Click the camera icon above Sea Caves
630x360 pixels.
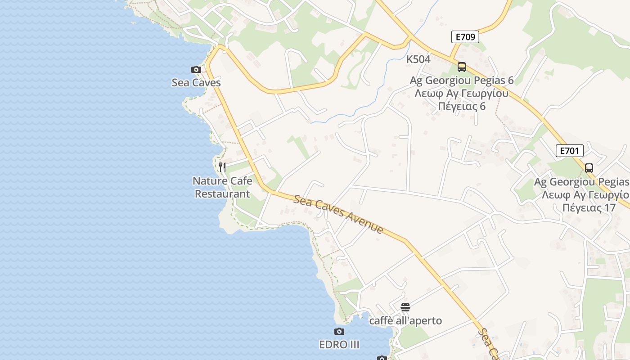[x=196, y=69]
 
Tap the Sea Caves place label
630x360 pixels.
[x=196, y=83]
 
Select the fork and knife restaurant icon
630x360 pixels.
[x=222, y=167]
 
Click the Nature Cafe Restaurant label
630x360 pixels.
[x=222, y=187]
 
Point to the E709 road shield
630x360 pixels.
[x=465, y=37]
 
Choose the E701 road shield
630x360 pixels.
[x=569, y=151]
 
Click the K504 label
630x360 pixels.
[x=418, y=59]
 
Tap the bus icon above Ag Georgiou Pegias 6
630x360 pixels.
[x=461, y=67]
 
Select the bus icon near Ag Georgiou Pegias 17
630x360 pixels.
[x=589, y=168]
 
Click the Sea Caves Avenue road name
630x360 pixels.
[x=338, y=214]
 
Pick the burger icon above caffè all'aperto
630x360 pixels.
[x=405, y=307]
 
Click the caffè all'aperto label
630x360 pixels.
[x=405, y=321]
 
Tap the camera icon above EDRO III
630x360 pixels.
[x=339, y=332]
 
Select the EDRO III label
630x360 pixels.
[x=339, y=345]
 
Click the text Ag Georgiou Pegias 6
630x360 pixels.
[x=461, y=81]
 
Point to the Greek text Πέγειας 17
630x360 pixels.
[x=589, y=208]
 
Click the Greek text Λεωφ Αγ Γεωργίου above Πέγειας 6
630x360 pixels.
[x=461, y=94]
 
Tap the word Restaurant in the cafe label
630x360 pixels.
[x=222, y=194]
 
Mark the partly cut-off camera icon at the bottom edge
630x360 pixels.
[x=382, y=358]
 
